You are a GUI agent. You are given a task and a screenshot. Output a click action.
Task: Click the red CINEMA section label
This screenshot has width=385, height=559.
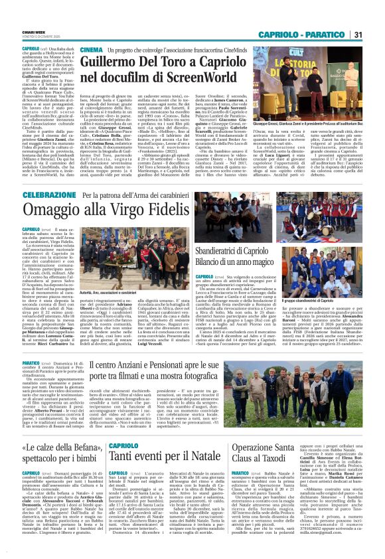[x=91, y=49]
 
